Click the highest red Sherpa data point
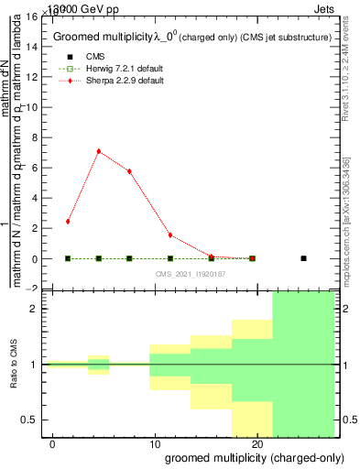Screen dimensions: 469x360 click(98, 151)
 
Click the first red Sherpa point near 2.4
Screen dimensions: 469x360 click(68, 222)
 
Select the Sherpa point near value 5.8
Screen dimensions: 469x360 click(129, 171)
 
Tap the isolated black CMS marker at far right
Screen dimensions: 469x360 click(303, 258)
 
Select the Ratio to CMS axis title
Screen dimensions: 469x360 click(15, 365)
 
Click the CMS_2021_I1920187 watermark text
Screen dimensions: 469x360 click(190, 274)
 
